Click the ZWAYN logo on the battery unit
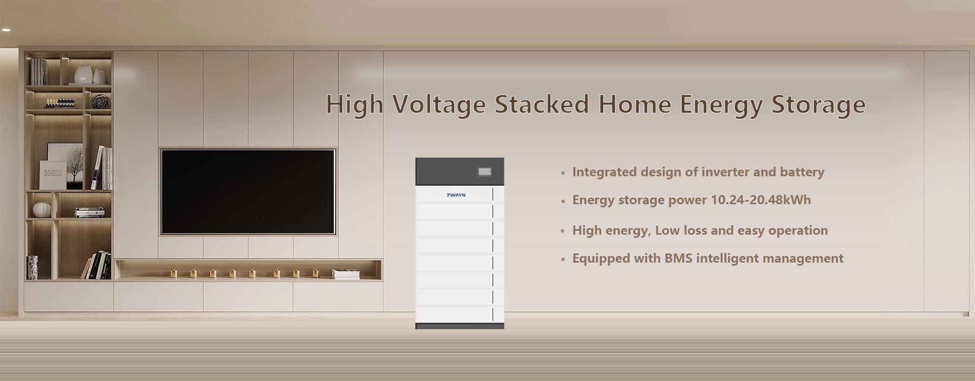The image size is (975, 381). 456,195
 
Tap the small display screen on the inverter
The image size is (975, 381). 484,172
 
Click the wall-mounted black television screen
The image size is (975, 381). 248,192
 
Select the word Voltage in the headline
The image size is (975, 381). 439,105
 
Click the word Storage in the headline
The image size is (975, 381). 818,105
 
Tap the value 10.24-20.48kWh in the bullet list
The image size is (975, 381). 761,200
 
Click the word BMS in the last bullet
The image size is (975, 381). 678,258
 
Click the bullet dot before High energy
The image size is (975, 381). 563,232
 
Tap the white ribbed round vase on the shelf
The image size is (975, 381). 42,210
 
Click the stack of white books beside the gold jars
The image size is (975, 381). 346,274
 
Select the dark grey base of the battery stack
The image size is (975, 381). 460,326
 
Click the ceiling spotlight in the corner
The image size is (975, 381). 6,30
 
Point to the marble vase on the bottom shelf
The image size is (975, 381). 32,267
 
